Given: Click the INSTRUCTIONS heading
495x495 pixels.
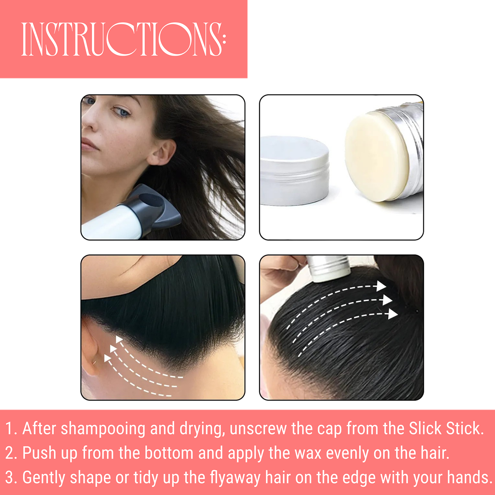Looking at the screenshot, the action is (124, 39).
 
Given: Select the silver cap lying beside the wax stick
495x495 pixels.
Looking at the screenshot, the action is (295, 170).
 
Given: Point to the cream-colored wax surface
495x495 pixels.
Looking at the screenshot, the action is (377, 157).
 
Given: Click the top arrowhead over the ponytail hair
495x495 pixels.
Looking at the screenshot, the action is (381, 286).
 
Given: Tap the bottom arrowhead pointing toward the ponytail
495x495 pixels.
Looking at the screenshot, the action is (393, 314).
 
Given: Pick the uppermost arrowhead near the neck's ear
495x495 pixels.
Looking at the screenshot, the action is (119, 339).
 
